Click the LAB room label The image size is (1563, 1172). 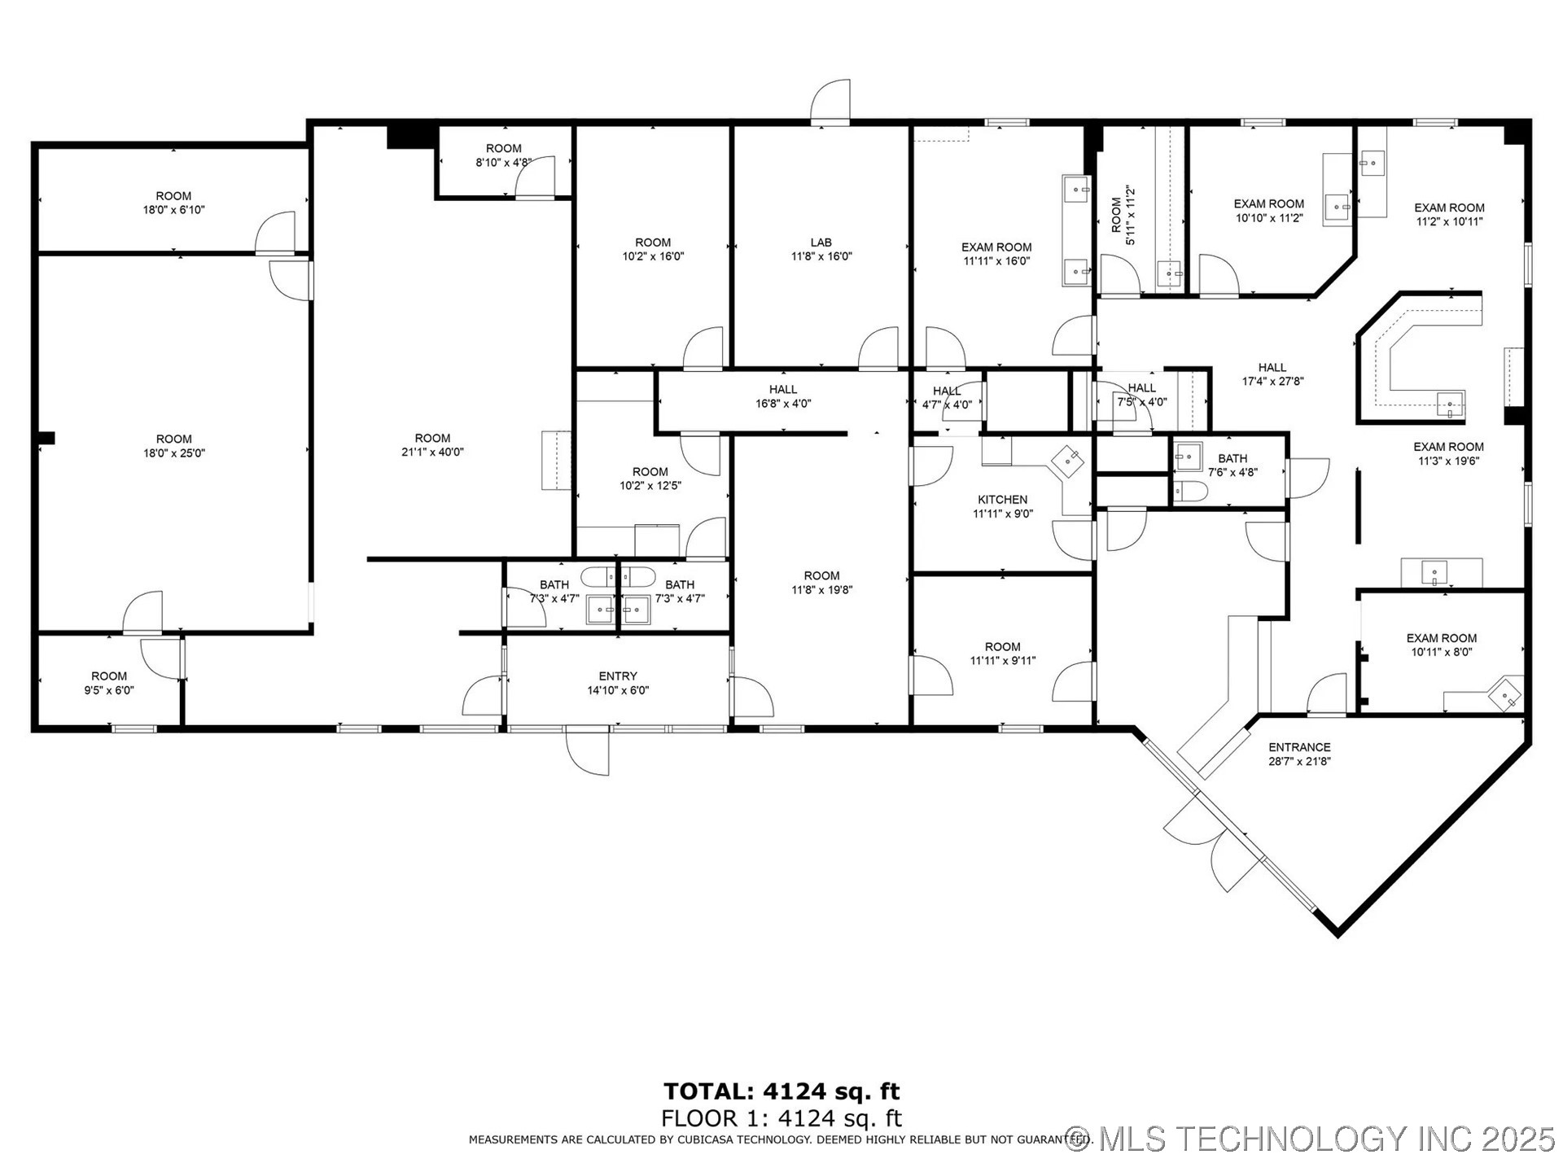pyautogui.click(x=821, y=243)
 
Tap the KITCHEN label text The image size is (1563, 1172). pyautogui.click(x=1002, y=500)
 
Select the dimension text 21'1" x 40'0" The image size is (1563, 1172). pyautogui.click(x=432, y=453)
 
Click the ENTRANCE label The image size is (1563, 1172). pyautogui.click(x=1299, y=747)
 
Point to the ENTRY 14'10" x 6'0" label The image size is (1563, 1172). pyautogui.click(x=618, y=683)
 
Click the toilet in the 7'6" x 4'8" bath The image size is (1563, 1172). pyautogui.click(x=1189, y=492)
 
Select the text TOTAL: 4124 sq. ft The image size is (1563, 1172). pyautogui.click(x=781, y=1091)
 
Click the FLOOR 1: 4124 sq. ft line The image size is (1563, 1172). pyautogui.click(x=781, y=1118)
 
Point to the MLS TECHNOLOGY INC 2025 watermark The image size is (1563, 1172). pyautogui.click(x=1311, y=1139)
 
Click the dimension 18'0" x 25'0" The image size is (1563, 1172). pyautogui.click(x=174, y=453)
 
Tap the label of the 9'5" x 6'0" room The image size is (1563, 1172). pyautogui.click(x=109, y=683)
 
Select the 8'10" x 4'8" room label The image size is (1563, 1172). pyautogui.click(x=504, y=155)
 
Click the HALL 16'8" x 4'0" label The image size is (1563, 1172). pyautogui.click(x=783, y=396)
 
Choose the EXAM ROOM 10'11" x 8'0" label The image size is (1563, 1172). pyautogui.click(x=1442, y=645)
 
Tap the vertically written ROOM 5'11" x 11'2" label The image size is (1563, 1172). pyautogui.click(x=1123, y=215)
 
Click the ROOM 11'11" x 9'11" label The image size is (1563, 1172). pyautogui.click(x=1002, y=654)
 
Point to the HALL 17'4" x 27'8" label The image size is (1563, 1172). pyautogui.click(x=1272, y=374)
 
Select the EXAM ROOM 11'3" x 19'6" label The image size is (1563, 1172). pyautogui.click(x=1448, y=453)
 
